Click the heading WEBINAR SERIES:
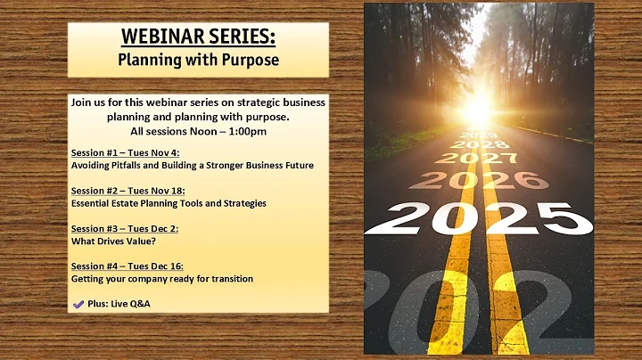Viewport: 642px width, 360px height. click(198, 38)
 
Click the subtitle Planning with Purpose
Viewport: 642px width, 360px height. click(198, 61)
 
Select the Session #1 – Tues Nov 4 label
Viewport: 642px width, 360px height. click(125, 152)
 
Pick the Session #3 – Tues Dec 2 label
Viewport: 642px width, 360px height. click(125, 228)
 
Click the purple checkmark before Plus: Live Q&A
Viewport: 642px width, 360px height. click(78, 304)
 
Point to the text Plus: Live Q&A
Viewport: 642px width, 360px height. click(119, 304)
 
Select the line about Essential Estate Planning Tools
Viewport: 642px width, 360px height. click(169, 203)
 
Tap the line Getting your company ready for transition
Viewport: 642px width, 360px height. click(161, 279)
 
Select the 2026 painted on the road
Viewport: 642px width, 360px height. click(479, 180)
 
